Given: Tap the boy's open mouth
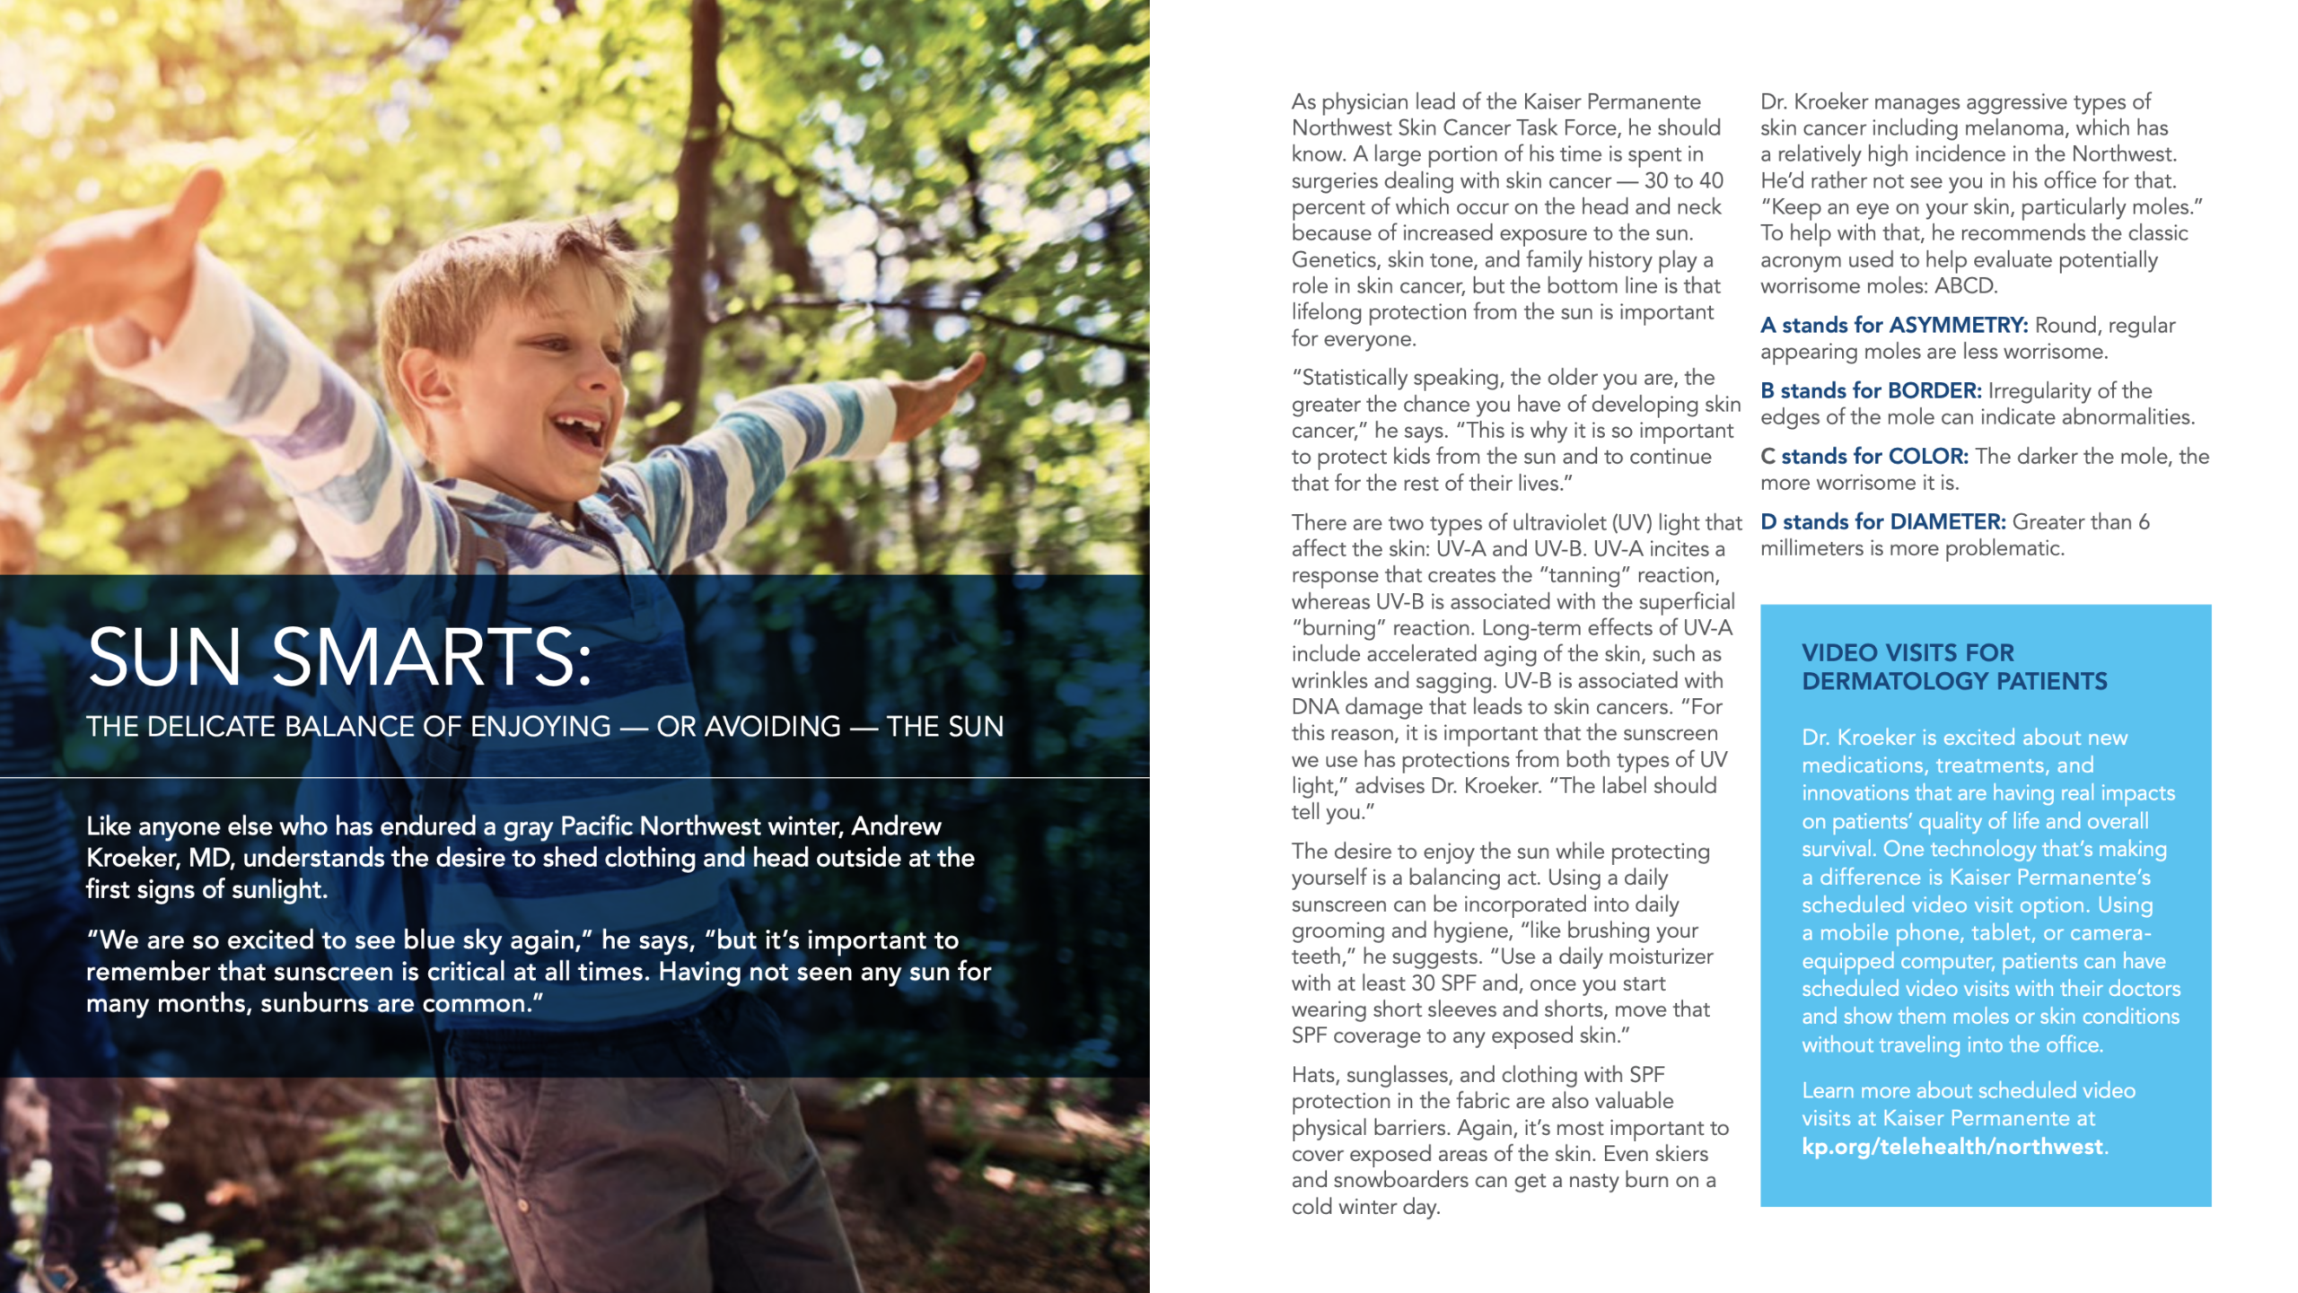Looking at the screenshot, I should (579, 431).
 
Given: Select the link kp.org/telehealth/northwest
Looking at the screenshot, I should (1952, 1147).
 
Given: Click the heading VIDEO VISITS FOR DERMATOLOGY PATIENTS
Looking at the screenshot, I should (1953, 667).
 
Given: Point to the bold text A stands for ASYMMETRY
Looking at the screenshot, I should (1893, 325).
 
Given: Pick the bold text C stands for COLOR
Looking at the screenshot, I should (1864, 456).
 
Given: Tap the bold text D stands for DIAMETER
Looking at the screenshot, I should (1882, 521).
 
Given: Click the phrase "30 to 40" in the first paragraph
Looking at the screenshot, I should (1683, 180).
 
